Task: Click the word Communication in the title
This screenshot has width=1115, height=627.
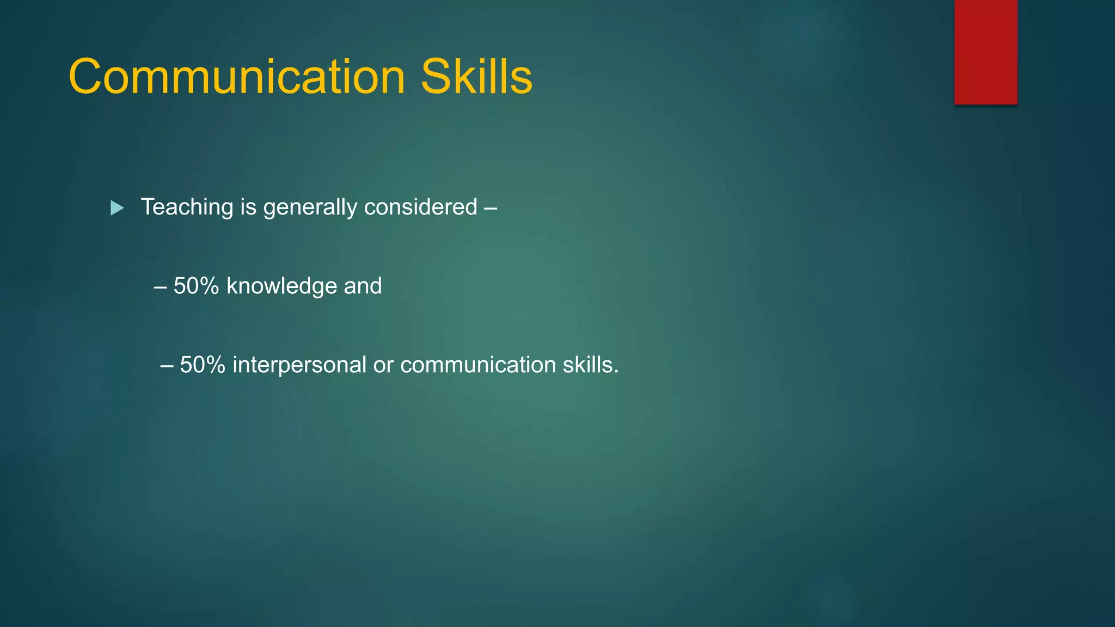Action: (x=237, y=77)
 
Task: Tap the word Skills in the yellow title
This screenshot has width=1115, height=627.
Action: (x=476, y=77)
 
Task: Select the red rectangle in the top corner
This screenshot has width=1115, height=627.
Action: (x=985, y=52)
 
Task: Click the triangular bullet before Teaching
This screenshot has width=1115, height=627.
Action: (x=117, y=208)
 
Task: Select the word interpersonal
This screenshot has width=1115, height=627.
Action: (x=299, y=365)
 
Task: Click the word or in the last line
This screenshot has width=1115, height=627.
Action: (x=383, y=365)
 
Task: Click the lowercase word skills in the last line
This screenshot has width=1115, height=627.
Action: (x=587, y=365)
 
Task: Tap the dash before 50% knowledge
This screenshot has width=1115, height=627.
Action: (x=160, y=287)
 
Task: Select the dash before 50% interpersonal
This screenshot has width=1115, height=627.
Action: (x=167, y=366)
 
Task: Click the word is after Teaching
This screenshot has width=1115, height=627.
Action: (x=248, y=207)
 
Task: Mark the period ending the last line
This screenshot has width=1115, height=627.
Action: (x=616, y=373)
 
